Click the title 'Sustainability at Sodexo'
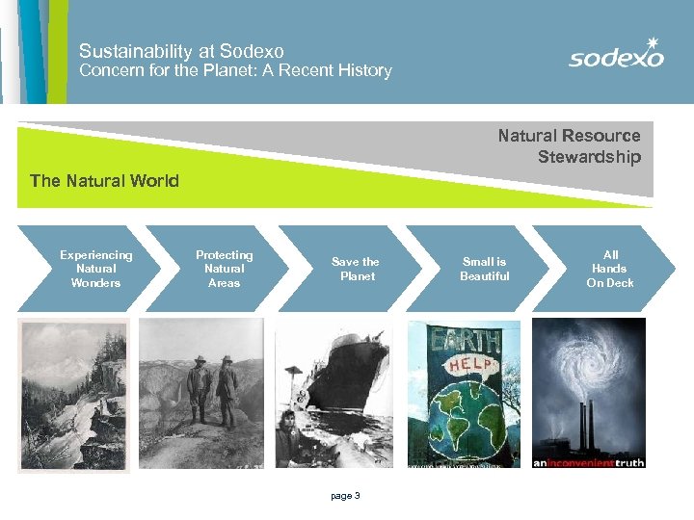pos(181,51)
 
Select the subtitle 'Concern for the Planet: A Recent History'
pos(235,70)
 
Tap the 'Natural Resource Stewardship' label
pos(569,145)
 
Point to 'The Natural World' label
pos(104,180)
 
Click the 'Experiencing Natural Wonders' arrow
pos(95,269)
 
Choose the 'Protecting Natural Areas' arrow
pos(224,269)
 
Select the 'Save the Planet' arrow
pos(355,269)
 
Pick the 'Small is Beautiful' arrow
pos(484,269)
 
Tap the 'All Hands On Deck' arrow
pos(610,269)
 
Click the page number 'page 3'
pos(345,496)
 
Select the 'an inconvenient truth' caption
pos(589,461)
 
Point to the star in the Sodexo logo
pos(653,42)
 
